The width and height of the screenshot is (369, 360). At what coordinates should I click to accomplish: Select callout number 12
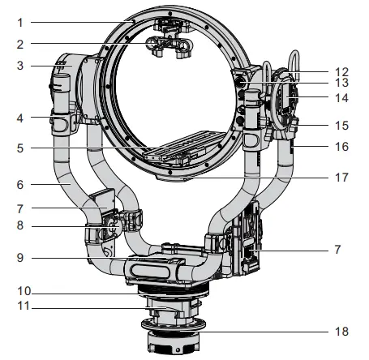pos(340,72)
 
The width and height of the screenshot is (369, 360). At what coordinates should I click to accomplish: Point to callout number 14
pos(340,98)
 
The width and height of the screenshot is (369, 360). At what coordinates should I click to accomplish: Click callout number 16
pos(340,147)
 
